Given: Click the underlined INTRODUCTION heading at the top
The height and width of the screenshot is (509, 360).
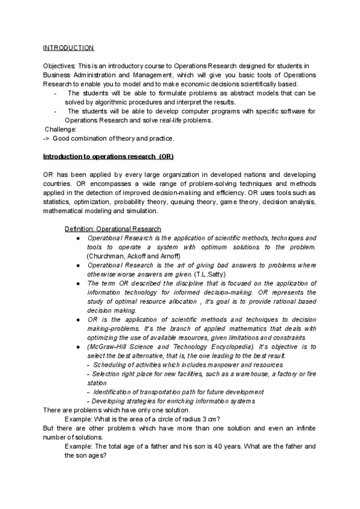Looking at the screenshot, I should pyautogui.click(x=68, y=47).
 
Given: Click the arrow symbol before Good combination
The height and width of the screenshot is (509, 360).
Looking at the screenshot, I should pyautogui.click(x=47, y=139).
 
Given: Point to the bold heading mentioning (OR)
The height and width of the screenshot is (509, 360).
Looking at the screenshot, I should pyautogui.click(x=108, y=157).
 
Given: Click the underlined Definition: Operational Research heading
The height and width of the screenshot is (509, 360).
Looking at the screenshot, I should pyautogui.click(x=113, y=229).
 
